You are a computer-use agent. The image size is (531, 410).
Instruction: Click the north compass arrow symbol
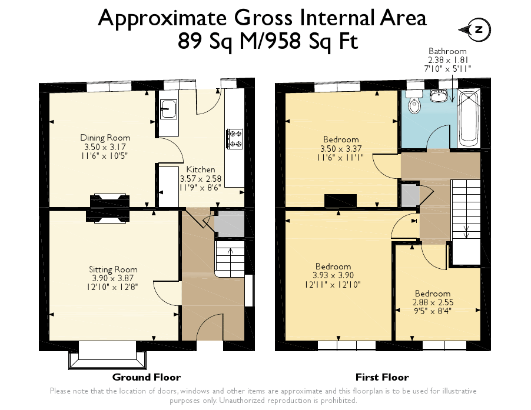coord(477,30)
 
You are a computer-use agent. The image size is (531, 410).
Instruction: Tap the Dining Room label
coord(105,138)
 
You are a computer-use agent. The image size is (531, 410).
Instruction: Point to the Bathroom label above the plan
coord(447,51)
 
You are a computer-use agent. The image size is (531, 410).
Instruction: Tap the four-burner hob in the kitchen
coord(235,139)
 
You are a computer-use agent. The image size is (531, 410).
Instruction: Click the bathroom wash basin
coord(438,96)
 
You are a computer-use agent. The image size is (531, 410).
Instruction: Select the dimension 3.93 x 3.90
coord(333,275)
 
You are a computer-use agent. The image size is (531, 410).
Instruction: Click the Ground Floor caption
coord(146,377)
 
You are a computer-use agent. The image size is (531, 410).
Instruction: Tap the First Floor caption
coord(382,377)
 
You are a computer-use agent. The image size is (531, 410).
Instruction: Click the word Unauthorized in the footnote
coord(247,401)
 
